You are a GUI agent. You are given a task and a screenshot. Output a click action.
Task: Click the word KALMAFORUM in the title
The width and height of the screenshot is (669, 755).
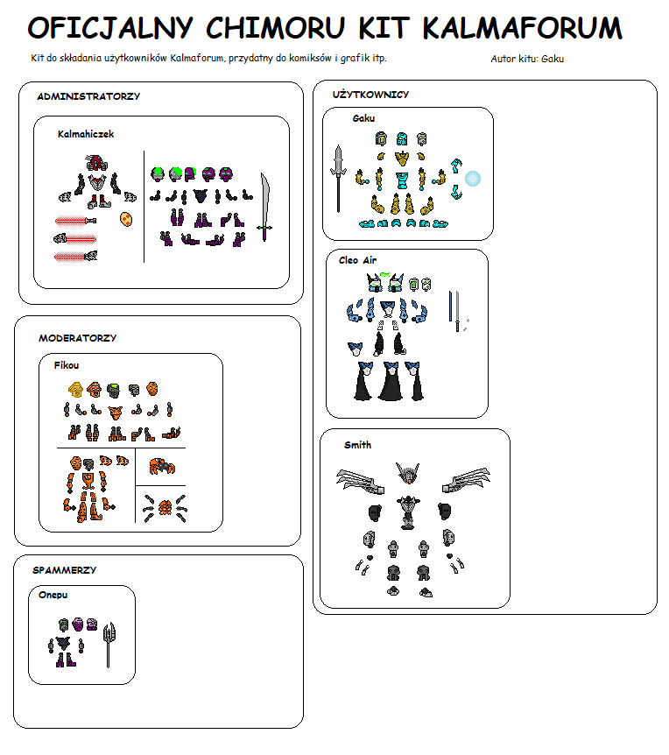(x=523, y=27)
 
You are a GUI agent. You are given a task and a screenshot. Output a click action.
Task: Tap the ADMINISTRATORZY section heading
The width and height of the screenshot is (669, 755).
(x=88, y=96)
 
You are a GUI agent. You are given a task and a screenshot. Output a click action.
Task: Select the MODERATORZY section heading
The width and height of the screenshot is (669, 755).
(x=77, y=338)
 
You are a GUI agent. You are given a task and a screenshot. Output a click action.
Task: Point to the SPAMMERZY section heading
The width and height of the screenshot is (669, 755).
(x=65, y=570)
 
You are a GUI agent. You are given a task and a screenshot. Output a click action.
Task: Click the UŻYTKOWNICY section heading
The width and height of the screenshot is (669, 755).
(x=370, y=95)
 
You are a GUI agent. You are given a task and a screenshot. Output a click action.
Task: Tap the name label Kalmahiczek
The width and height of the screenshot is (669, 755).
(x=86, y=134)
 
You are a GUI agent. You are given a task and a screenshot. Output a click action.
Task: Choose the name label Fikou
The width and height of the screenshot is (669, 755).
(x=67, y=365)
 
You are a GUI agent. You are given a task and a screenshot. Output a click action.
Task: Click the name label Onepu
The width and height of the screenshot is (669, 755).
(x=53, y=595)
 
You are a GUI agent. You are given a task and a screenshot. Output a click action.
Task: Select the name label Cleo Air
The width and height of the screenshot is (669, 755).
(x=357, y=260)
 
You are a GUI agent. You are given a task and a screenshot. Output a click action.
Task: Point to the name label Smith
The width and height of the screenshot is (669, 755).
(x=357, y=445)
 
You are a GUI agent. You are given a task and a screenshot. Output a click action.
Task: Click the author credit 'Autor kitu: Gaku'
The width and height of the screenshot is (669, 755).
(x=527, y=59)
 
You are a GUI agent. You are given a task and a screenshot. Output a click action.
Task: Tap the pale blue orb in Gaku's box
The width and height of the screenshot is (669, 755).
(x=473, y=179)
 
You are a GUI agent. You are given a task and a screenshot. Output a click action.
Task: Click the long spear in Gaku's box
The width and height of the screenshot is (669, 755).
(x=338, y=178)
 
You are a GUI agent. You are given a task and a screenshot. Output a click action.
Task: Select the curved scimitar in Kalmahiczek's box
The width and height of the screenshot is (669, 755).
(x=265, y=206)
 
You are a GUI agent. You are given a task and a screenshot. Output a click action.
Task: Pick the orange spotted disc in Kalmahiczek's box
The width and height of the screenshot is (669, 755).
(x=126, y=219)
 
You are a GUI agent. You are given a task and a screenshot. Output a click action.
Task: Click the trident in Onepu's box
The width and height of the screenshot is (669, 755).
(x=109, y=645)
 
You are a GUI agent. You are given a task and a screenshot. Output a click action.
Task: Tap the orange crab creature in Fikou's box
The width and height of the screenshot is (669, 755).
(x=162, y=466)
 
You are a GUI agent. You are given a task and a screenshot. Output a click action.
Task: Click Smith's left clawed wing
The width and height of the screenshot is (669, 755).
(x=360, y=481)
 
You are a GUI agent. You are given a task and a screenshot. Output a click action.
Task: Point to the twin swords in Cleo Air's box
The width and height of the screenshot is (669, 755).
(x=454, y=311)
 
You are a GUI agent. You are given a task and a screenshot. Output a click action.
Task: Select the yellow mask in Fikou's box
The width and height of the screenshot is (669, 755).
(x=75, y=389)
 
